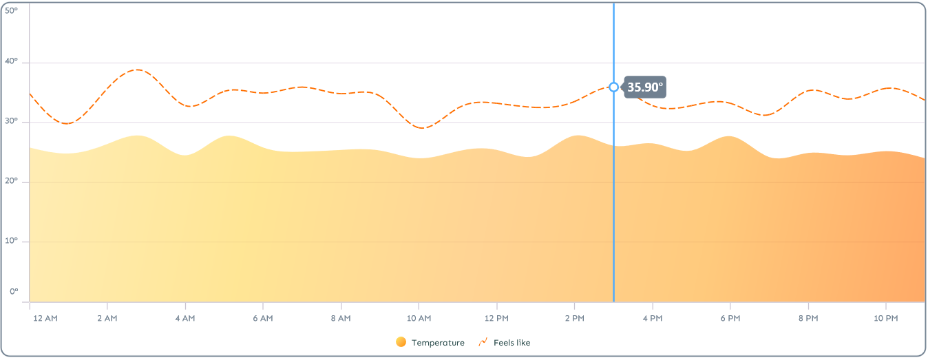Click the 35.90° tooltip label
pyautogui.click(x=645, y=87)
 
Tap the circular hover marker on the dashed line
pyautogui.click(x=613, y=87)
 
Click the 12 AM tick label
pyautogui.click(x=46, y=318)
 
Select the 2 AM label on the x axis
pyautogui.click(x=107, y=318)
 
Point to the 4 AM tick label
pyautogui.click(x=185, y=318)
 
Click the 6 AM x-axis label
pyautogui.click(x=263, y=318)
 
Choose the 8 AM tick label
pyautogui.click(x=341, y=318)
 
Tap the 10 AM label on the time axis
pyautogui.click(x=419, y=318)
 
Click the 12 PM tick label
pyautogui.click(x=496, y=318)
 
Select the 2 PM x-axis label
pyautogui.click(x=574, y=318)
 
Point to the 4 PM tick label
pyautogui.click(x=652, y=318)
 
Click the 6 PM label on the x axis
pyautogui.click(x=730, y=318)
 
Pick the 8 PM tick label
pyautogui.click(x=808, y=318)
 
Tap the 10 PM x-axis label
pyautogui.click(x=885, y=318)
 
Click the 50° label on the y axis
pyautogui.click(x=12, y=10)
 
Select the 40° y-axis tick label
pyautogui.click(x=12, y=63)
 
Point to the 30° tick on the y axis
pyautogui.click(x=12, y=123)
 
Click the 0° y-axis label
pyautogui.click(x=14, y=292)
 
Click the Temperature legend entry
pyautogui.click(x=430, y=342)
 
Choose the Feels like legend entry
pyautogui.click(x=505, y=342)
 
